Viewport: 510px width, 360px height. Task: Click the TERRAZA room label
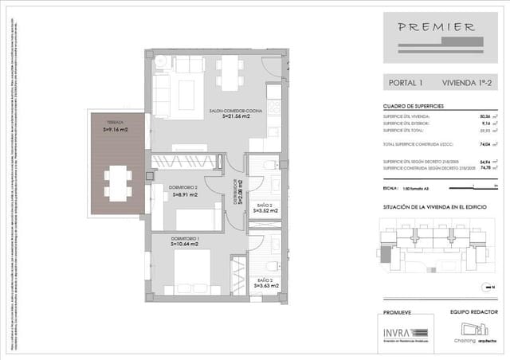pyautogui.click(x=116, y=122)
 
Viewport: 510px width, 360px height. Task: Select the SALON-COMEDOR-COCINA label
pyautogui.click(x=230, y=110)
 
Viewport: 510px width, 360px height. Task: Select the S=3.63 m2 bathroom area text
pyautogui.click(x=265, y=283)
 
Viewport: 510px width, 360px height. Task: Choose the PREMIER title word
pyautogui.click(x=439, y=26)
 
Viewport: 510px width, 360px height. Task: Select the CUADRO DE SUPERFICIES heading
pyautogui.click(x=414, y=106)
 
